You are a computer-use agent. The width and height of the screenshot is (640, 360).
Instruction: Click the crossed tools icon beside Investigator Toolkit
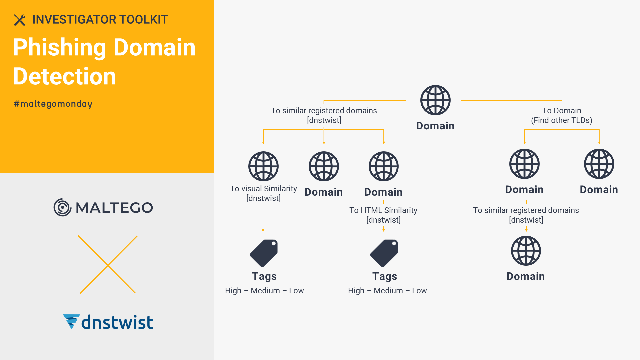(x=20, y=20)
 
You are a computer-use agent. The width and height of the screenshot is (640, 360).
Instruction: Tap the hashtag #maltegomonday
(x=53, y=104)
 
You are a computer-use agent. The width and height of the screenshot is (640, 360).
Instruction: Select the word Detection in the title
(x=64, y=76)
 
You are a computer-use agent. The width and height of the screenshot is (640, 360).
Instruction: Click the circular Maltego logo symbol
(x=62, y=207)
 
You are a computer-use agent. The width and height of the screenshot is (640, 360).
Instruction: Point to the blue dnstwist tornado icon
(x=71, y=321)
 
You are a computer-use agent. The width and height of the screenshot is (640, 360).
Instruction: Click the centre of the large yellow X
(x=108, y=265)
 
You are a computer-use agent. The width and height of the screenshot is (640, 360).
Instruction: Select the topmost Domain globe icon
(x=435, y=100)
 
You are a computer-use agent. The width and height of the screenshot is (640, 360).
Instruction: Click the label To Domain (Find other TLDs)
(x=562, y=115)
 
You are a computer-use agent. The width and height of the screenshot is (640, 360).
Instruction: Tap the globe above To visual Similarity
(x=263, y=166)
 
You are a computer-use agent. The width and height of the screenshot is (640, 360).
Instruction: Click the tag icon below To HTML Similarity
(x=384, y=253)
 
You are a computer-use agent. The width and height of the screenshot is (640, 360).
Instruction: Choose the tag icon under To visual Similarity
(x=264, y=253)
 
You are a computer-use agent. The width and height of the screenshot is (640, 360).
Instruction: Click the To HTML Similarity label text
(x=383, y=215)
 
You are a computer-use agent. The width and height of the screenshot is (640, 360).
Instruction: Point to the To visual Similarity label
(x=263, y=193)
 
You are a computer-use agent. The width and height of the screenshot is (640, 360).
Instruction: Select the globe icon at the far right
(x=599, y=164)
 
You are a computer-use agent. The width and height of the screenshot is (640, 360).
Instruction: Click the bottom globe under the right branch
(x=526, y=251)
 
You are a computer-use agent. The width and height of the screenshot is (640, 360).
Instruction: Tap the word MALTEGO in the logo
(x=114, y=208)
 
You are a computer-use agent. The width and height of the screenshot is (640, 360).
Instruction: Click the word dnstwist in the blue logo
(x=117, y=322)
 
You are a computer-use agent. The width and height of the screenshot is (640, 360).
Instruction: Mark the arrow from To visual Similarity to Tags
(x=263, y=218)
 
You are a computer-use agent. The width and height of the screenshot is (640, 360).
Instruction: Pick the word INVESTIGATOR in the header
(x=74, y=20)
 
